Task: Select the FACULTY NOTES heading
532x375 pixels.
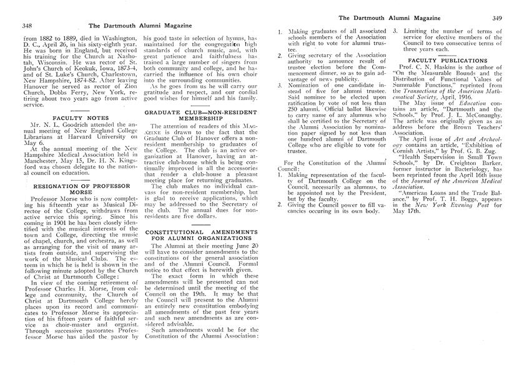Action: tap(72, 117)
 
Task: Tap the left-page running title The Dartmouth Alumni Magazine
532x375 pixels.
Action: tap(140, 26)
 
